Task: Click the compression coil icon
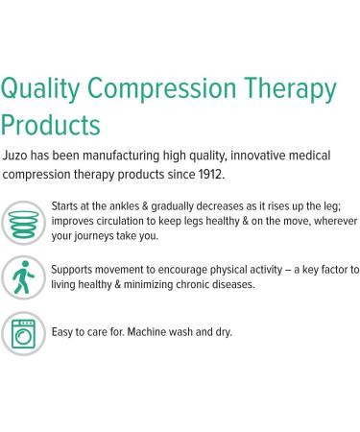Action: pyautogui.click(x=21, y=222)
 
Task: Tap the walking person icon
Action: pyautogui.click(x=21, y=277)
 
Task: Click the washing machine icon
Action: pyautogui.click(x=21, y=332)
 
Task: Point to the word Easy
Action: pyautogui.click(x=63, y=332)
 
